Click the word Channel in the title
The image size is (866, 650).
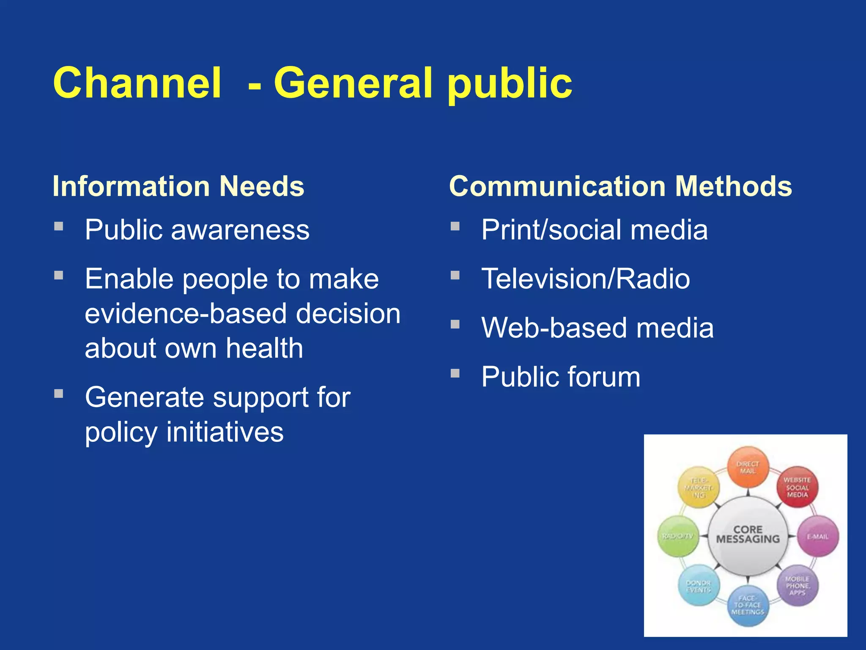137,83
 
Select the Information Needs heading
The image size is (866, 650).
178,186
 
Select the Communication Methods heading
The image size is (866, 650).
620,186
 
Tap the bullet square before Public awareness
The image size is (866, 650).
59,226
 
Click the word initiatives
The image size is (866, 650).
225,432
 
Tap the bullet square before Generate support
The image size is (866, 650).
59,394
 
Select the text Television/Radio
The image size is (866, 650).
586,279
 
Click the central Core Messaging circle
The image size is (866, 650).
748,535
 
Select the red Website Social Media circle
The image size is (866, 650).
797,487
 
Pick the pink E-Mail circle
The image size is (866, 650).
818,536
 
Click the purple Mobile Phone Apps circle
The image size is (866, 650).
797,586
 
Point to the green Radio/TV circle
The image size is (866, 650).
678,536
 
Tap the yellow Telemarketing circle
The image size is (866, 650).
698,487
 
